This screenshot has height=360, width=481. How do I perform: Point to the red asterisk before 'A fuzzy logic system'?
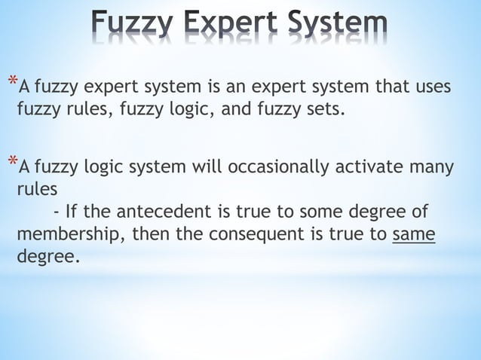(x=11, y=159)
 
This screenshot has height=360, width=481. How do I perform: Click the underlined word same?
(x=414, y=233)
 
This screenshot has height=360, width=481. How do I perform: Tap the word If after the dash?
(x=74, y=212)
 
